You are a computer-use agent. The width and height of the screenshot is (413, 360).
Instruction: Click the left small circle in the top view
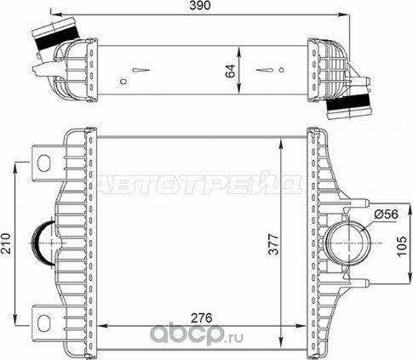(123, 83)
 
